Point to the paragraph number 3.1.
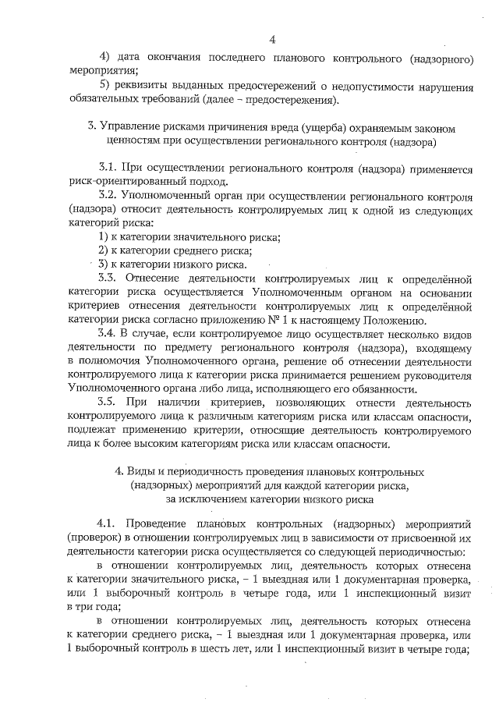point(109,168)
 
